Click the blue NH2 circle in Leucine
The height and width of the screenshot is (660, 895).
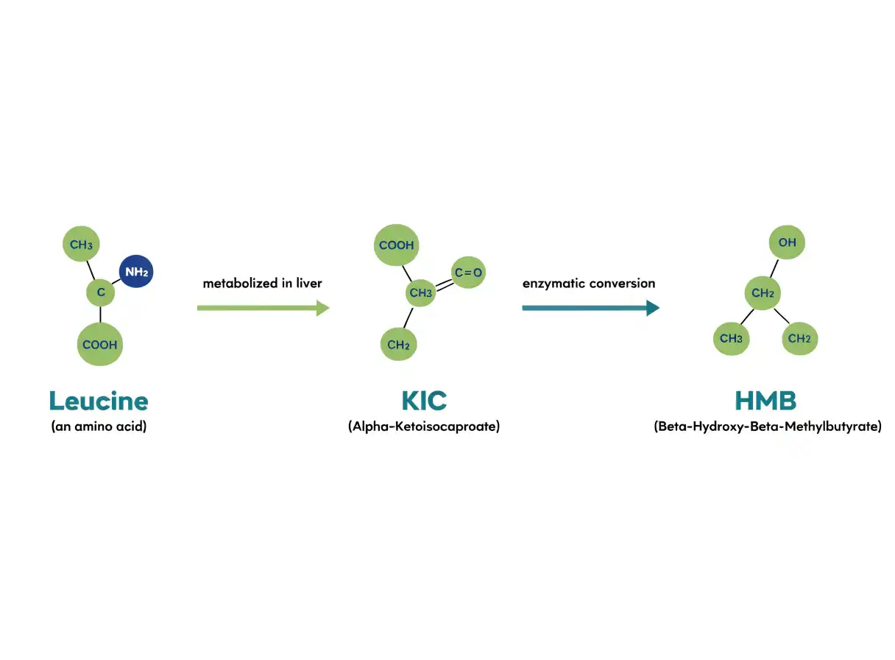pyautogui.click(x=136, y=271)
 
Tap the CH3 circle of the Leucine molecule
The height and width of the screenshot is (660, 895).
pyautogui.click(x=81, y=244)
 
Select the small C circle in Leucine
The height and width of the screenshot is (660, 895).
pyautogui.click(x=101, y=292)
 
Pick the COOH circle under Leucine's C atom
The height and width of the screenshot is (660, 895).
pyautogui.click(x=100, y=344)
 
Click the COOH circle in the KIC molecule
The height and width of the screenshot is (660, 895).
pyautogui.click(x=397, y=245)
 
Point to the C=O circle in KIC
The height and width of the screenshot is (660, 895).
pyautogui.click(x=468, y=273)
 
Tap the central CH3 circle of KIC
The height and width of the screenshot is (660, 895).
pyautogui.click(x=421, y=292)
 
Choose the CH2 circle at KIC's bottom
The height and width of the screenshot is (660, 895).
pyautogui.click(x=398, y=344)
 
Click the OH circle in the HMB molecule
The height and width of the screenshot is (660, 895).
pyautogui.click(x=787, y=242)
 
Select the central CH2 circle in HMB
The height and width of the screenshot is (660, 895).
pyautogui.click(x=763, y=293)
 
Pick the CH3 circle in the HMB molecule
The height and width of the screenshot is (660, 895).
pyautogui.click(x=731, y=339)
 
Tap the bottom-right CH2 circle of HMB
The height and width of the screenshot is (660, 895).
pyautogui.click(x=799, y=339)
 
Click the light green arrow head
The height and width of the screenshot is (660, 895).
pyautogui.click(x=323, y=308)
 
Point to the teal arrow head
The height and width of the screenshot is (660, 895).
pyautogui.click(x=653, y=308)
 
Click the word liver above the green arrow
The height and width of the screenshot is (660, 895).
pyautogui.click(x=309, y=283)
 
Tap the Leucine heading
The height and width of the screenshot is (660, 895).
pyautogui.click(x=99, y=401)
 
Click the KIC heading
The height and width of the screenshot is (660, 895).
pyautogui.click(x=424, y=401)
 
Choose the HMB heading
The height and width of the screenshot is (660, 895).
pyautogui.click(x=765, y=401)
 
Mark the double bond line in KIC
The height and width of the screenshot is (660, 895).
pyautogui.click(x=445, y=284)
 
